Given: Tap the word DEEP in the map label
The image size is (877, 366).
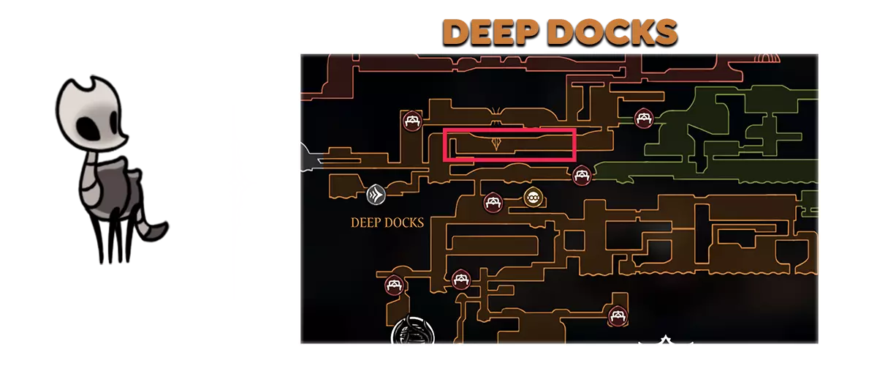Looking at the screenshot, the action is click(365, 223).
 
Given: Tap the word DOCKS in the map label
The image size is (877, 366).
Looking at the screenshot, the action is click(405, 223).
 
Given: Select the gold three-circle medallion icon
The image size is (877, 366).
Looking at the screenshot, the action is click(533, 198).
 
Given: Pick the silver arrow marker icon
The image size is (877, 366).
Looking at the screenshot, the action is click(376, 195).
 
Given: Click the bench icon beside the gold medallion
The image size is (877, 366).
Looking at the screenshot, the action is click(493, 203).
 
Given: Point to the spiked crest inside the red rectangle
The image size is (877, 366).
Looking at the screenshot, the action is click(496, 143).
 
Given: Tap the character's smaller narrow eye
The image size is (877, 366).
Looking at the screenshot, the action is click(114, 124).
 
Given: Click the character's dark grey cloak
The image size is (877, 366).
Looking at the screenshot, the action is click(118, 187).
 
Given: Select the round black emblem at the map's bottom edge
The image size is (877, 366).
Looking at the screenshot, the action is click(413, 331).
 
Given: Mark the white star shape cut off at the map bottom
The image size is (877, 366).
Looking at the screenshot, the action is click(665, 340).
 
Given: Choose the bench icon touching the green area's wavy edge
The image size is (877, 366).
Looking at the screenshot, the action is click(582, 176).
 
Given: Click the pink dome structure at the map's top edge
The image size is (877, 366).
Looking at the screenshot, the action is click(766, 59).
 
